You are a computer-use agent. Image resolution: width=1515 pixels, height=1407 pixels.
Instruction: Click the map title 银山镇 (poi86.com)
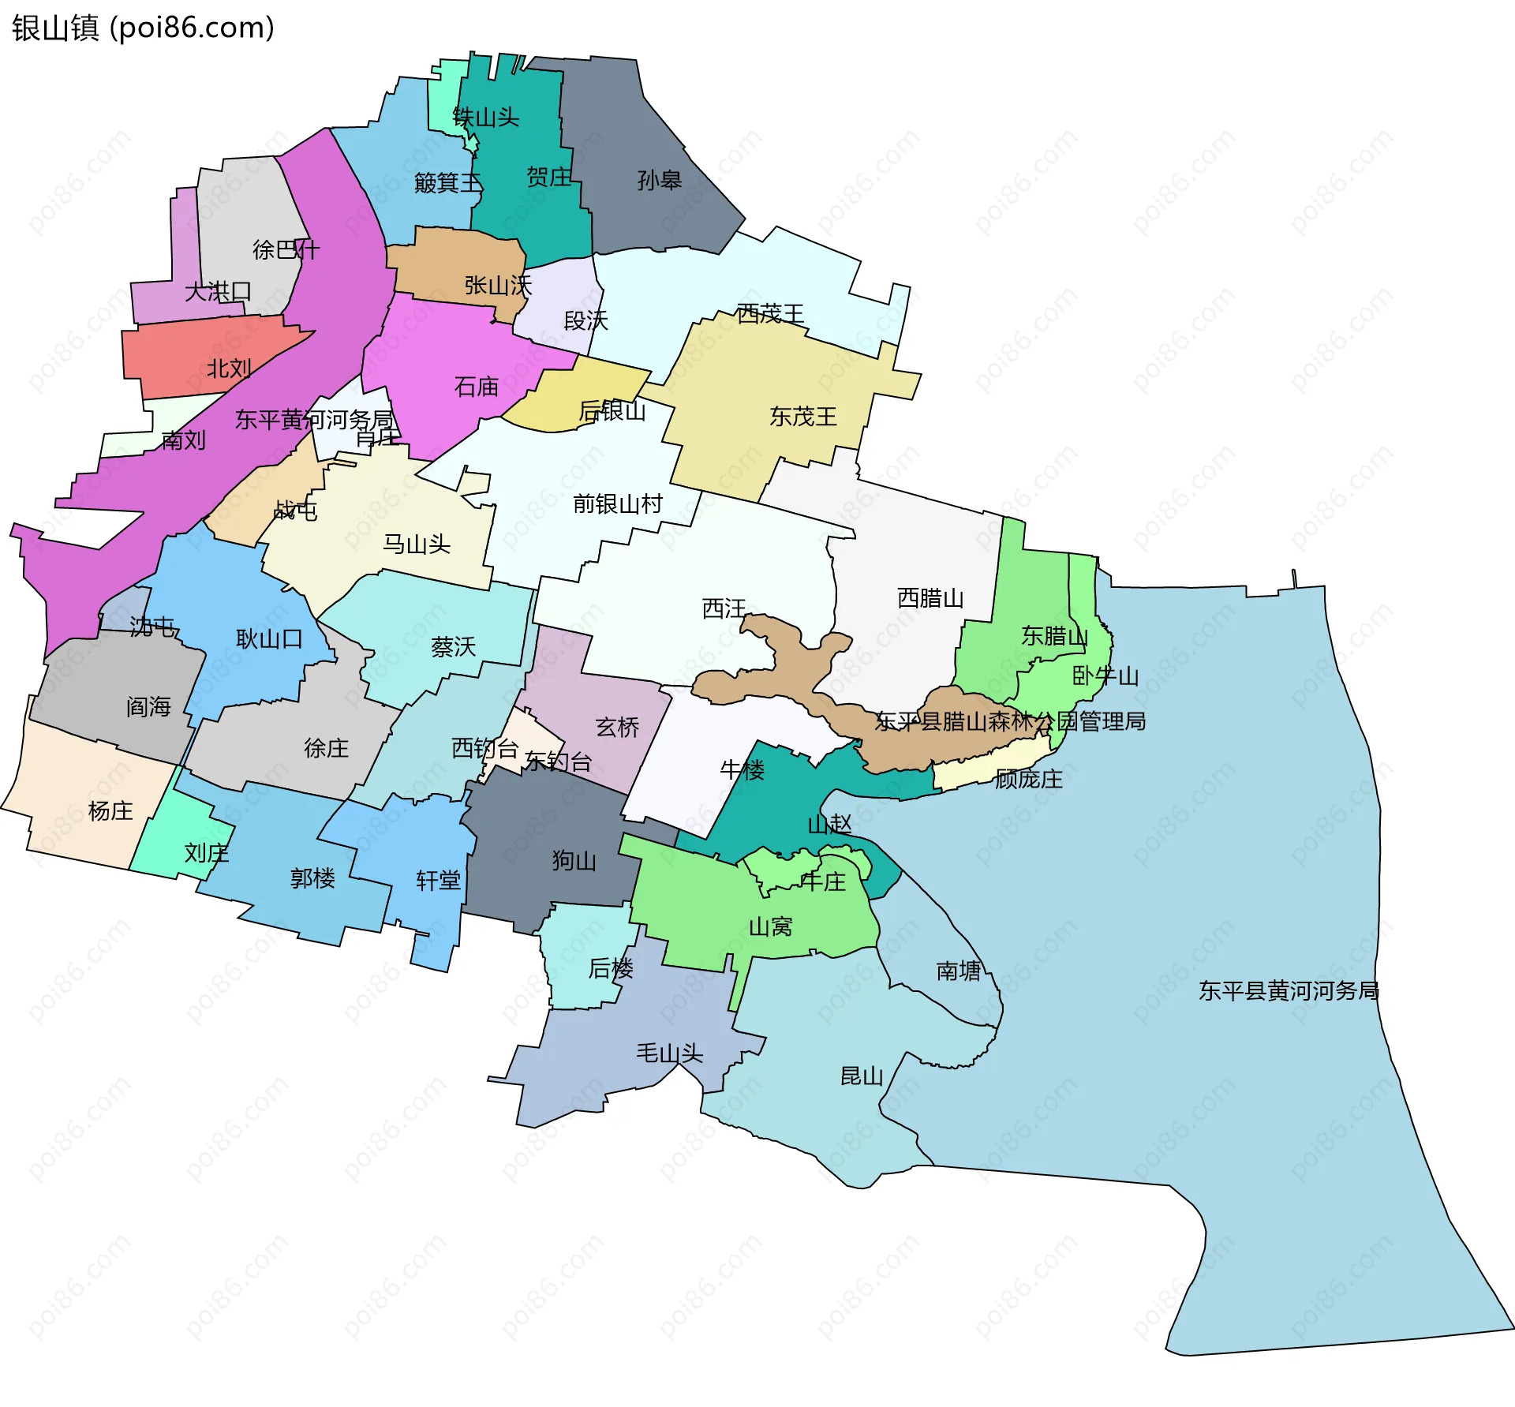coord(143,28)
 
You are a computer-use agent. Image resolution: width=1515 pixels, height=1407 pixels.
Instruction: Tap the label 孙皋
coord(659,180)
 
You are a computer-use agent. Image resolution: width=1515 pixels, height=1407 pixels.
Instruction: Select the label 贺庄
coord(548,177)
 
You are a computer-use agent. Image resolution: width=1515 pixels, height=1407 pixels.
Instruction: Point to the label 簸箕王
coord(447,183)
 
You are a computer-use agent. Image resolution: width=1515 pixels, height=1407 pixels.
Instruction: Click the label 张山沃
coord(498,285)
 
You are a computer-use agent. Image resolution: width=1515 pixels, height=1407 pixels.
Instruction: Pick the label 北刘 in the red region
coord(229,369)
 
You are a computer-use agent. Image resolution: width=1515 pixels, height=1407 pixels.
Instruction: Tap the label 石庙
coord(477,387)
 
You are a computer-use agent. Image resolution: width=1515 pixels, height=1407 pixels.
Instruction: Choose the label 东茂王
coord(802,417)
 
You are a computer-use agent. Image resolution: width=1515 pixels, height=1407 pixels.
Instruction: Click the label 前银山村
coord(617,503)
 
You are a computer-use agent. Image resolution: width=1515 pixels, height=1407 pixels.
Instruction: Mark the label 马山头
coord(416,544)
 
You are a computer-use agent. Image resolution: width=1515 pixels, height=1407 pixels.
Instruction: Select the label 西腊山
coord(930,598)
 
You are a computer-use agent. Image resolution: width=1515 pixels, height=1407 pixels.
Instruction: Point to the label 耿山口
coord(269,638)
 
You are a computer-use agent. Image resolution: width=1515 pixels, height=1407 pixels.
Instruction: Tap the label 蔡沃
coord(453,647)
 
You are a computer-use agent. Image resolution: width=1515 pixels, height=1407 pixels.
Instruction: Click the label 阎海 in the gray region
coord(148,706)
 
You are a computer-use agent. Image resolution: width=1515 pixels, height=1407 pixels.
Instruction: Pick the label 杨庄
coord(110,810)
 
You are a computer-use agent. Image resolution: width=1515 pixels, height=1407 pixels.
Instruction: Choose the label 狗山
coord(574,860)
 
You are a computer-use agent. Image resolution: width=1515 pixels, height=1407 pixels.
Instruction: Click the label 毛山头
coord(669,1053)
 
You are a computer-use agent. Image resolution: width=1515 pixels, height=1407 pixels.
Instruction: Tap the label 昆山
coord(862,1076)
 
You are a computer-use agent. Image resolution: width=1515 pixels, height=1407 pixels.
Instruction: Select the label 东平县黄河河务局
coord(1289,990)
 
